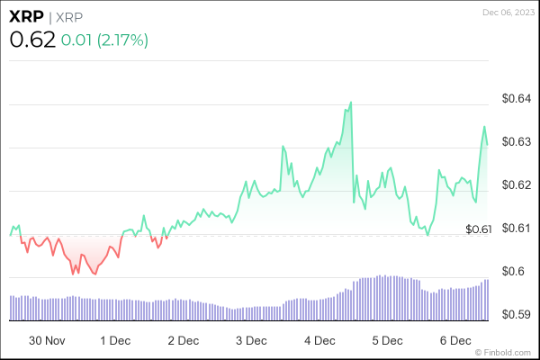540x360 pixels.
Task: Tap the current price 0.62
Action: pyautogui.click(x=32, y=40)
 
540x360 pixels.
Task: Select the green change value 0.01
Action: pyautogui.click(x=78, y=40)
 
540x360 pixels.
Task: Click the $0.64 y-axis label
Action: pyautogui.click(x=517, y=99)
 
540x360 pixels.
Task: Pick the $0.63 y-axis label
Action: pyautogui.click(x=517, y=142)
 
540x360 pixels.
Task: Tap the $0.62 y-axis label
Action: pyautogui.click(x=517, y=185)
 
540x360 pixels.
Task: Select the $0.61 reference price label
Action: pyautogui.click(x=479, y=230)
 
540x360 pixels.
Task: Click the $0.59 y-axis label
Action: pyautogui.click(x=517, y=315)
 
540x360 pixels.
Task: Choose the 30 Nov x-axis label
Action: pyautogui.click(x=48, y=341)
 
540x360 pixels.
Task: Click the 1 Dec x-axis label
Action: pyautogui.click(x=115, y=341)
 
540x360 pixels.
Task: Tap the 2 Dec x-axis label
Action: pyautogui.click(x=183, y=341)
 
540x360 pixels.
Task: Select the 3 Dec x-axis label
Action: pyautogui.click(x=251, y=341)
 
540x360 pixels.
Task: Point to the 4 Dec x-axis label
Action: pyautogui.click(x=319, y=341)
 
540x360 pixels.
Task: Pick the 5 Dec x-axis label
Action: pyautogui.click(x=387, y=341)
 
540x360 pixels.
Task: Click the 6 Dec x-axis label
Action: pyautogui.click(x=455, y=341)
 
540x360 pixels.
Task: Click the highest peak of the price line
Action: pyautogui.click(x=350, y=103)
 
